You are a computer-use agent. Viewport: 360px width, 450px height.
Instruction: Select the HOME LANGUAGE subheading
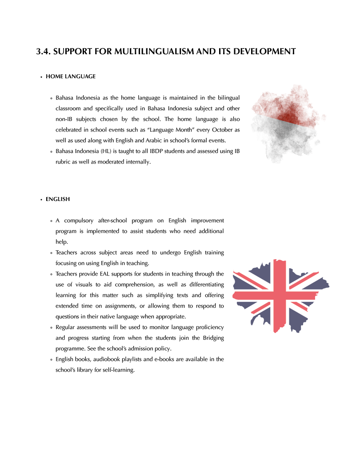[71, 76]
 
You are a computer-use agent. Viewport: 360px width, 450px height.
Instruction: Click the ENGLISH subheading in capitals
[58, 199]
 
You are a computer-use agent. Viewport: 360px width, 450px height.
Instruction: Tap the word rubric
[64, 162]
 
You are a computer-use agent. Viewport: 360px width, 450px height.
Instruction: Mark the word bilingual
[228, 98]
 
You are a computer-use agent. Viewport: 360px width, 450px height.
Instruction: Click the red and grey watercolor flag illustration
[287, 122]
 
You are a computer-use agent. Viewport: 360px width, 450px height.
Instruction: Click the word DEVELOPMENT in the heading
[262, 52]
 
